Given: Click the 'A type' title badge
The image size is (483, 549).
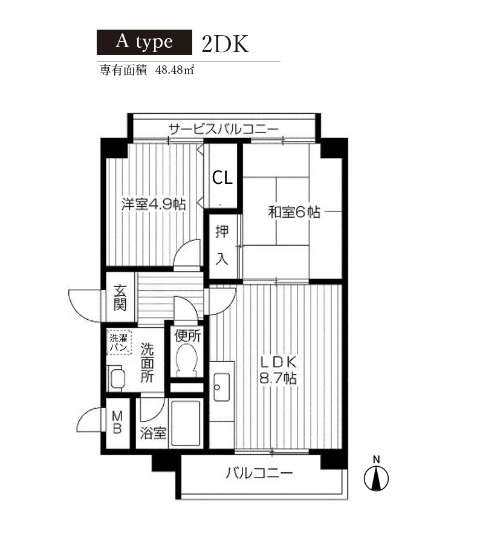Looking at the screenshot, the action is [x=144, y=42].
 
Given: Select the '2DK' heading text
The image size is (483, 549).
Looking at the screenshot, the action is [x=225, y=44].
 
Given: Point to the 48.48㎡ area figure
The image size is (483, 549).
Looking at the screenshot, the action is [x=175, y=70].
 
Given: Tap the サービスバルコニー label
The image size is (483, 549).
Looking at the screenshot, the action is [x=224, y=129].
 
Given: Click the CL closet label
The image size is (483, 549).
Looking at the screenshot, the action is [x=222, y=178].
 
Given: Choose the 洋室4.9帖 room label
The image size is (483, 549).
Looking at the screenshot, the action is [x=154, y=204].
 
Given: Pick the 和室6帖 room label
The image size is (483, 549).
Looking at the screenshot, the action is [x=294, y=212].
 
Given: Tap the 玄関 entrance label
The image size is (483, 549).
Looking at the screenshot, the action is [x=120, y=298].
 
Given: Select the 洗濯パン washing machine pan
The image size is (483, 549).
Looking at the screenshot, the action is [x=118, y=342].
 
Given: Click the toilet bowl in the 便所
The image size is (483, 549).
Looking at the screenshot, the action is [x=186, y=360].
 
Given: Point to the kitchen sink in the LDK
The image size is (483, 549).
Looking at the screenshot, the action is [x=221, y=387].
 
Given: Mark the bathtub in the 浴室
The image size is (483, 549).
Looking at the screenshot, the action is [x=186, y=423].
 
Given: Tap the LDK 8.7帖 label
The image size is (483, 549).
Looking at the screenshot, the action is [x=278, y=370].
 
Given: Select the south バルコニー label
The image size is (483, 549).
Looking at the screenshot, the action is [x=259, y=473].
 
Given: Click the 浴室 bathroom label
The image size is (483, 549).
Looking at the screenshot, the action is [x=153, y=433].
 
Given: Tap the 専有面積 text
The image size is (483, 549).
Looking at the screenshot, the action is [x=123, y=70].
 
